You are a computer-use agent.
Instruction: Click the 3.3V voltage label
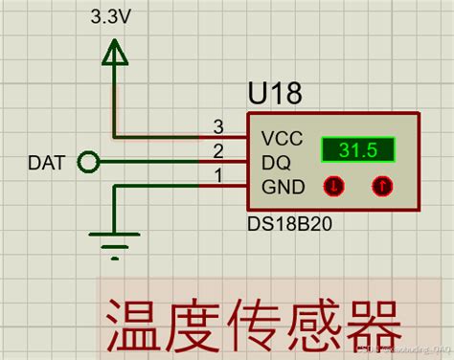coord(113,18)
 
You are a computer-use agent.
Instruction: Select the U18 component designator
coord(275,93)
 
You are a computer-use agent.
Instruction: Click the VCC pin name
coord(283,139)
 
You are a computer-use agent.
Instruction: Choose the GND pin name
coord(283,187)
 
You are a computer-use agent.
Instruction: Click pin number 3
coord(218,126)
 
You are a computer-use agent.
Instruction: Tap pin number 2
coord(218,150)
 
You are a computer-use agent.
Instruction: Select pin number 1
coord(218,174)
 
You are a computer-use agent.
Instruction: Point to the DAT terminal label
coord(48,164)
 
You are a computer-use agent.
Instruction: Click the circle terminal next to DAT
coord(88,163)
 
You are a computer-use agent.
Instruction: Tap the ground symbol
coord(115,244)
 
